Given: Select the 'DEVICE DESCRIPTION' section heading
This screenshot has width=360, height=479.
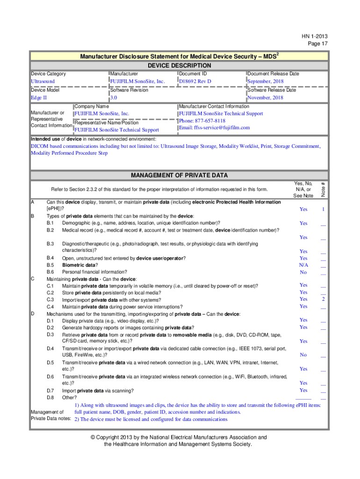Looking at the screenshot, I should [179, 65].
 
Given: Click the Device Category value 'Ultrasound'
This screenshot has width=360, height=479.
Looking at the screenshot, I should [43, 81].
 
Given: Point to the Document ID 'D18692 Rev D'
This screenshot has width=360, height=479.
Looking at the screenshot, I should [195, 81].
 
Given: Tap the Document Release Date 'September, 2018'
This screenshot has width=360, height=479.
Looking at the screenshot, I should [266, 81].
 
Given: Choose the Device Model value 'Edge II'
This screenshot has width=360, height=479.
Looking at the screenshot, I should [39, 98].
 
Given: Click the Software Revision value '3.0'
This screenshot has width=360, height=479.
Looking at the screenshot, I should [114, 98].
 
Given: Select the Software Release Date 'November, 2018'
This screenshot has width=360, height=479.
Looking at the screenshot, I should [265, 98].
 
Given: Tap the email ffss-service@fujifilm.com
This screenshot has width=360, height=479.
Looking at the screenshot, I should [214, 128].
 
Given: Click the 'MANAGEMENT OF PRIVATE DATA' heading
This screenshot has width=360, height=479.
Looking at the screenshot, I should [179, 175].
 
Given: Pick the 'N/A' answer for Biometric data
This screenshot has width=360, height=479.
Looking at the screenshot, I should [303, 265].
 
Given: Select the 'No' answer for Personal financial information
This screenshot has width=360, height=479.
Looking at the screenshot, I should [303, 272].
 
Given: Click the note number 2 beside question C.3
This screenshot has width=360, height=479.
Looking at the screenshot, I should [323, 299].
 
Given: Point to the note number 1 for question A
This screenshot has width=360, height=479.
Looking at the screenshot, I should [323, 210].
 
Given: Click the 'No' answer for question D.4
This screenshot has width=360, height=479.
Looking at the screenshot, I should [303, 355].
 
